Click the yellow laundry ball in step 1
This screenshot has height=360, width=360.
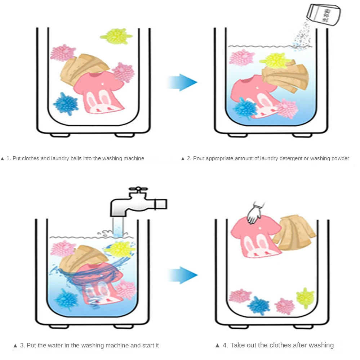click(116, 36)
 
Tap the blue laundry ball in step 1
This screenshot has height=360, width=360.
click(65, 103)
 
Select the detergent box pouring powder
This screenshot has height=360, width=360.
click(323, 14)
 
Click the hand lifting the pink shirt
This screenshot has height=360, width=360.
click(255, 214)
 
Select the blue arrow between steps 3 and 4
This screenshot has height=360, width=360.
click(183, 275)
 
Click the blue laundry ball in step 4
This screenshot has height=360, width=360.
click(258, 305)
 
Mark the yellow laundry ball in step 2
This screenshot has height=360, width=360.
click(272, 60)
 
